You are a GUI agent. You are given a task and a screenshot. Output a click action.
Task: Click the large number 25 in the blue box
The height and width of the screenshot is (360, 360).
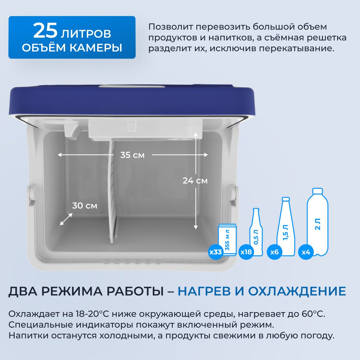(45, 30)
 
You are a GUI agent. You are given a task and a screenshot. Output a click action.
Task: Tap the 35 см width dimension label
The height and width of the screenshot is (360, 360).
(133, 155)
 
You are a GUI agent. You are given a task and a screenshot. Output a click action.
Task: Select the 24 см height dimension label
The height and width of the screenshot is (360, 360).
(195, 181)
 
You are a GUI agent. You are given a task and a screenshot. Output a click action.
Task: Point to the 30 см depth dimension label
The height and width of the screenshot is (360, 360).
(85, 206)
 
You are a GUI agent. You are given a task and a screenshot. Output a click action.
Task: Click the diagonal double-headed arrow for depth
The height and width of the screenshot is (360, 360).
(66, 219)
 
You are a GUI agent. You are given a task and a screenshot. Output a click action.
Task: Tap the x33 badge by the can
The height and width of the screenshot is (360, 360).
(215, 252)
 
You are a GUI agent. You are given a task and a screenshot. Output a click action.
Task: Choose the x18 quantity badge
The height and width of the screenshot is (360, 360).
(246, 252)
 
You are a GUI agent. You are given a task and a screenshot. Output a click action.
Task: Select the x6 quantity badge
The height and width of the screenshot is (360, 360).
(274, 252)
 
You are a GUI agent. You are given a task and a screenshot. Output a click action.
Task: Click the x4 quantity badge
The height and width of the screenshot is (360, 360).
(306, 252)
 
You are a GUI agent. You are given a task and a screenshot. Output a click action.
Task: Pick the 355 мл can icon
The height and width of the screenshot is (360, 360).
(227, 240)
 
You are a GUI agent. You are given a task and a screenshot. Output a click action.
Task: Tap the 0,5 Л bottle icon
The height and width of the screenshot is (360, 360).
(256, 232)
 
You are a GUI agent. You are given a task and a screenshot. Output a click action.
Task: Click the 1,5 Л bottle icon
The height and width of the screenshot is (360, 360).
(286, 226)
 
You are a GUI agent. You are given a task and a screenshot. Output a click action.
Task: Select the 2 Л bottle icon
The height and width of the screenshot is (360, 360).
(318, 222)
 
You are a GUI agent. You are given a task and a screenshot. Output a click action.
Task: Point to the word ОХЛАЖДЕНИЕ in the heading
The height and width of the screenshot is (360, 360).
(297, 291)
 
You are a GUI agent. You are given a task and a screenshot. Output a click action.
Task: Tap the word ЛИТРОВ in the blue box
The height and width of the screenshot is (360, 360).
(86, 34)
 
